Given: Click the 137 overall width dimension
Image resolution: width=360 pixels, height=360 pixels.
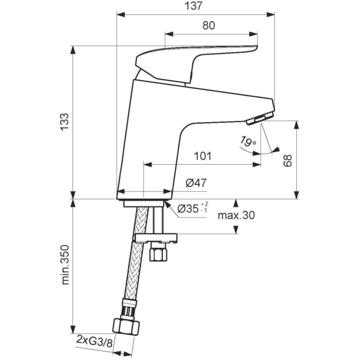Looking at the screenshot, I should tap(194, 6).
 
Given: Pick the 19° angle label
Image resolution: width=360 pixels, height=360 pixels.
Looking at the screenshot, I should tap(248, 143).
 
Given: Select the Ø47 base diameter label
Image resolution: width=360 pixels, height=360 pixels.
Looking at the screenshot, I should tap(196, 183).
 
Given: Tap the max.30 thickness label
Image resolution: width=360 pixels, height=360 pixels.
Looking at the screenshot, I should tap(237, 215).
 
